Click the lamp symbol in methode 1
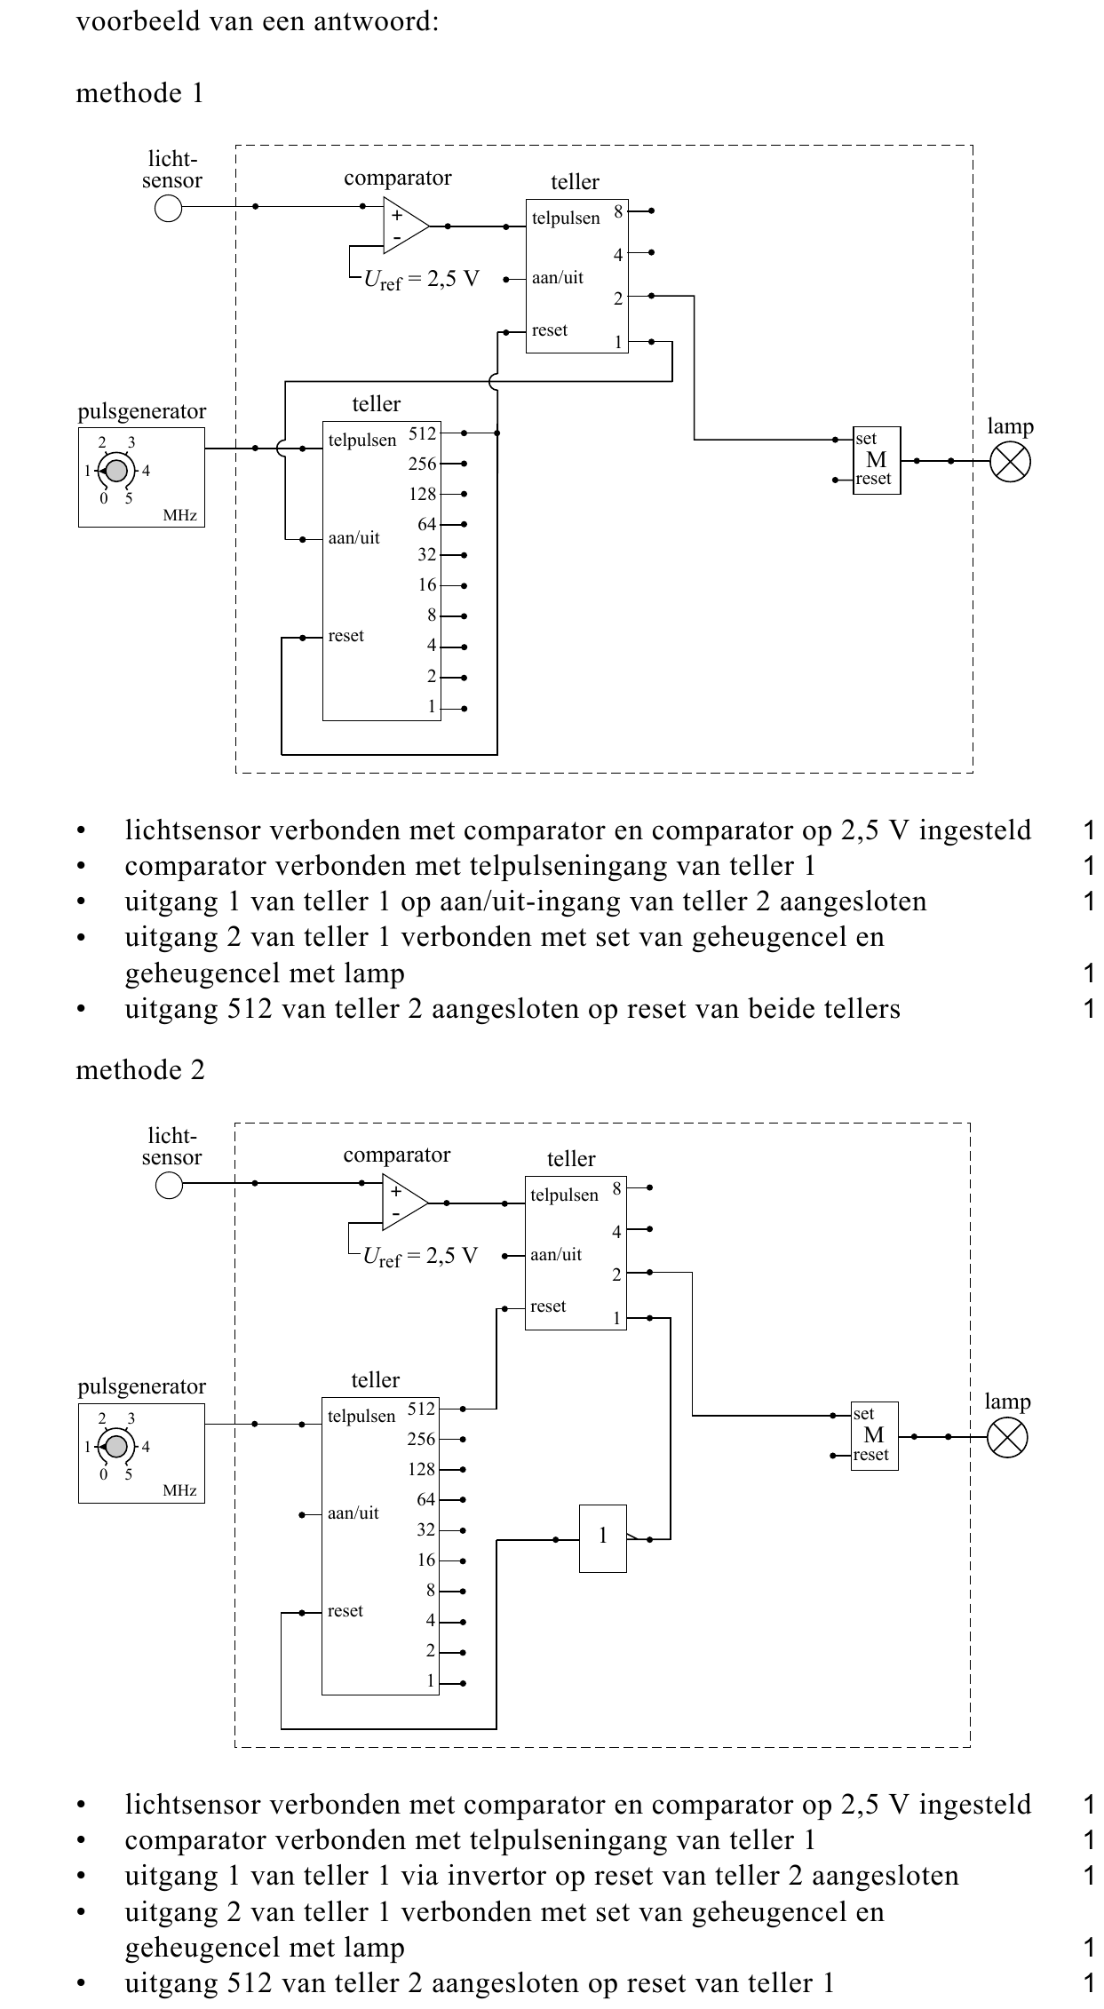point(1009,462)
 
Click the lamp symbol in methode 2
point(1007,1436)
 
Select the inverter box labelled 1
point(604,1538)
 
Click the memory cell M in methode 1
point(877,460)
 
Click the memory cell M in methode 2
point(875,1435)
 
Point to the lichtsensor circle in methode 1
point(169,208)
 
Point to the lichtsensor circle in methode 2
point(169,1184)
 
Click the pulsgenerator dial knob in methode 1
point(115,471)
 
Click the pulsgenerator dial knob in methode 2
point(115,1446)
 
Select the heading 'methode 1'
point(139,93)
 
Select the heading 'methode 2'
point(139,1070)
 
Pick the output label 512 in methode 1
point(423,433)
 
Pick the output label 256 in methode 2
point(422,1439)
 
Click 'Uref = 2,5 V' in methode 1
point(421,280)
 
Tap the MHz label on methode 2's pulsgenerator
point(179,1490)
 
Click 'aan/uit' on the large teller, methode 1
point(353,538)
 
